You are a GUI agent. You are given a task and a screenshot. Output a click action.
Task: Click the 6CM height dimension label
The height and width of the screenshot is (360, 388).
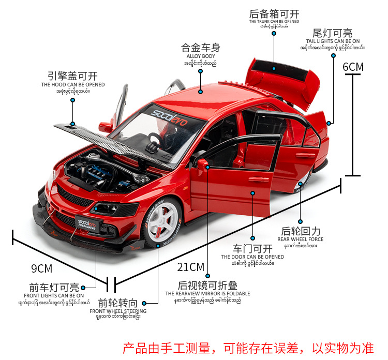click(353, 67)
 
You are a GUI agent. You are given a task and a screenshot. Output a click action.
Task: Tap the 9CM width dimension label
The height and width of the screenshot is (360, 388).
click(42, 268)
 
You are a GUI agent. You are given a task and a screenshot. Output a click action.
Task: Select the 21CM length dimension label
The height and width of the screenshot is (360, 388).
click(191, 267)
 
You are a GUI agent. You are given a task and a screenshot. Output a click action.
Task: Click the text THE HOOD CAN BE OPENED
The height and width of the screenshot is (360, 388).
click(73, 84)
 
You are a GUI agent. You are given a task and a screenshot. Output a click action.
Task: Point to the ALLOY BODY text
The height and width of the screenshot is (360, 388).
click(200, 56)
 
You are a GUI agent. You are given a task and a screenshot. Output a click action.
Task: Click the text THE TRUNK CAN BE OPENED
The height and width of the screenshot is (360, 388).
click(274, 22)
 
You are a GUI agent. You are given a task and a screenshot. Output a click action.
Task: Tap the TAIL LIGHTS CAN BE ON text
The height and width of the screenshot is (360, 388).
click(333, 41)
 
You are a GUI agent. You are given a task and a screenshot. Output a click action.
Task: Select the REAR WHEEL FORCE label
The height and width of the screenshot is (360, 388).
click(301, 239)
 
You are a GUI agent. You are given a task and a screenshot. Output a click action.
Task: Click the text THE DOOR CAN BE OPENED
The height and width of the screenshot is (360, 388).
click(252, 257)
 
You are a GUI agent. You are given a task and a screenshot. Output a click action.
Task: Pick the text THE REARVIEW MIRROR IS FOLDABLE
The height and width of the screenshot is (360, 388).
click(207, 293)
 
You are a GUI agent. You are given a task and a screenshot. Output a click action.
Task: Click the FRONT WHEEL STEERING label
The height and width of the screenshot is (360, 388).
click(118, 311)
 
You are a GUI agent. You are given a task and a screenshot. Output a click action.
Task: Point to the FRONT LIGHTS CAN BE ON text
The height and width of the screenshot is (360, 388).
click(54, 295)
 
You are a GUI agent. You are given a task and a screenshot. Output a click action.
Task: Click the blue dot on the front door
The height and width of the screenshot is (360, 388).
click(253, 193)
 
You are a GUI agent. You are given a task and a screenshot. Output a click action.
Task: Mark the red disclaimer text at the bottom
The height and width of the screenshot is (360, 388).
click(251, 347)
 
